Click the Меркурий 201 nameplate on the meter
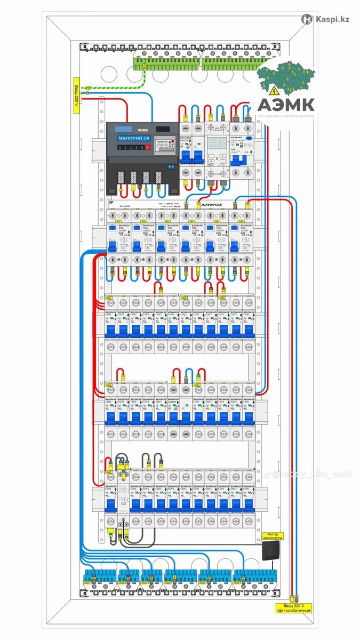coord(130,138)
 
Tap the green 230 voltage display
coord(217,143)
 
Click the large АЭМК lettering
coord(286,103)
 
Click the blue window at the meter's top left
coord(124,129)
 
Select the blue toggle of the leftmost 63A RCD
coord(113,246)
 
